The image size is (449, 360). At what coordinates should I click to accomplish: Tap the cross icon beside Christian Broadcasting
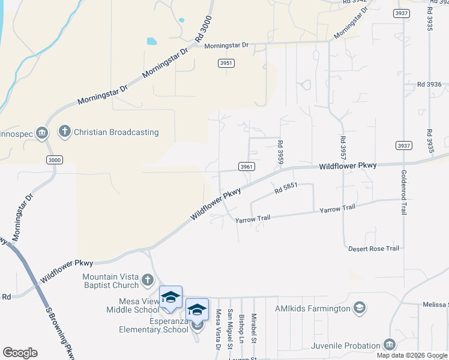click(x=65, y=131)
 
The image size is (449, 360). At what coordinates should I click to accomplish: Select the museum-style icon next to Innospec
click(x=41, y=133)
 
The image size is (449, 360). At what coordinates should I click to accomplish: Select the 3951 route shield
click(x=226, y=63)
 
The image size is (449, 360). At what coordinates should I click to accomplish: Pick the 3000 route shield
click(x=54, y=159)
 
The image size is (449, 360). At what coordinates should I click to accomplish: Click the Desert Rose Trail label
click(x=373, y=248)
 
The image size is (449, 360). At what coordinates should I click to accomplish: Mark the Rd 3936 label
click(x=429, y=84)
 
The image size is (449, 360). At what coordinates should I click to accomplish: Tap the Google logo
click(x=20, y=353)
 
